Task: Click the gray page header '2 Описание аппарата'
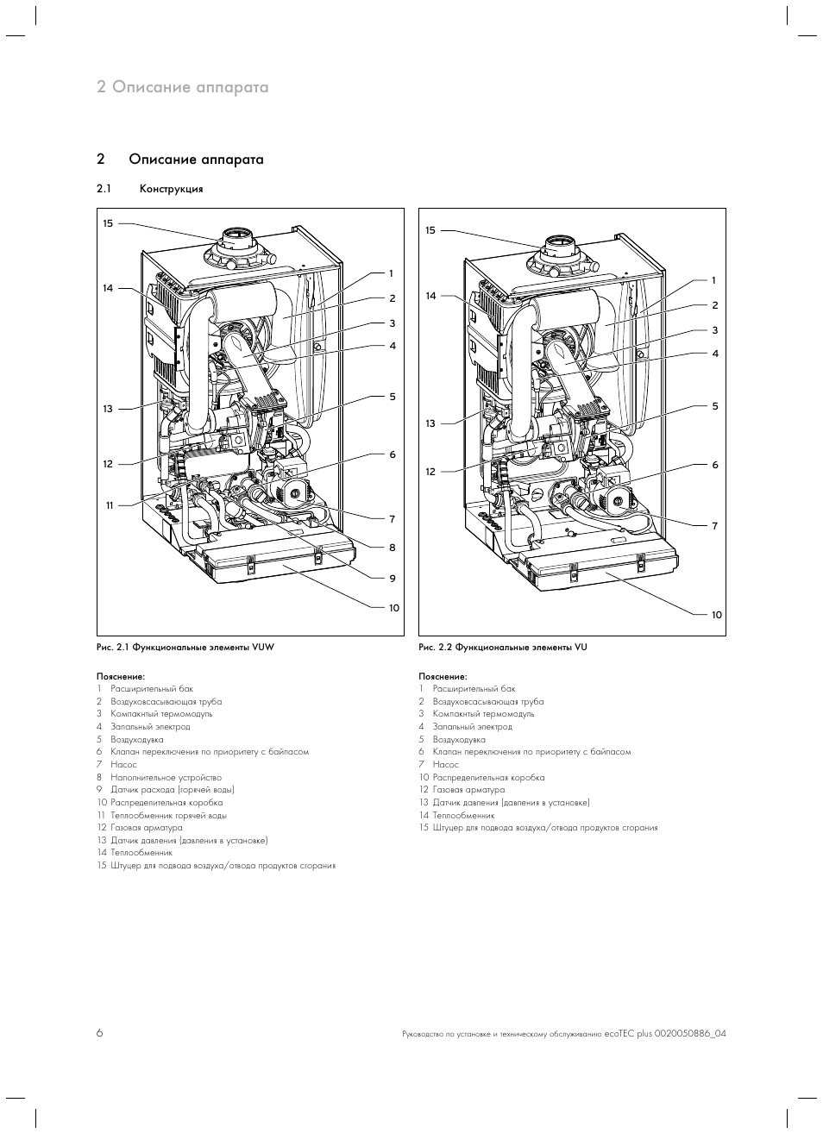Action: [183, 87]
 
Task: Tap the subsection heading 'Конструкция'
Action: [171, 189]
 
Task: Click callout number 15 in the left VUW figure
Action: [108, 223]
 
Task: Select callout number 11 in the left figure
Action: [110, 504]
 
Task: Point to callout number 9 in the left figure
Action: [392, 579]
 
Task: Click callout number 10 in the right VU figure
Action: [716, 615]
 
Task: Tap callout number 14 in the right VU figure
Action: [430, 296]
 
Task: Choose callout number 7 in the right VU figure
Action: [714, 525]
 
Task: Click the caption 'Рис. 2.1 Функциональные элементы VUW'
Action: [185, 647]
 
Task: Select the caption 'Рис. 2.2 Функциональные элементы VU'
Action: [502, 647]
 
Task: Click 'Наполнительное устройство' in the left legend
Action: [166, 777]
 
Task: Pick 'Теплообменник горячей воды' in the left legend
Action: [168, 815]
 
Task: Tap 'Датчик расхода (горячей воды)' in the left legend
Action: [173, 789]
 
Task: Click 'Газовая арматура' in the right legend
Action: [468, 789]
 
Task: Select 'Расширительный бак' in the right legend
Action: [474, 689]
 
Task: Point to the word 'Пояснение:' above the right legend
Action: [443, 676]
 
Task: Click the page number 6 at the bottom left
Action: [99, 1033]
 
